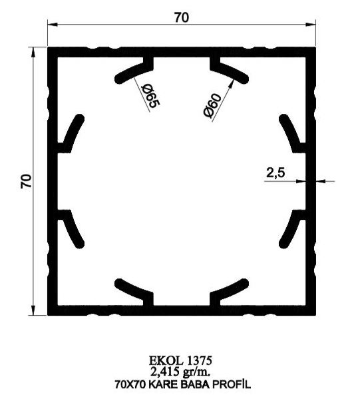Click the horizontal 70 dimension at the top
tap(182, 17)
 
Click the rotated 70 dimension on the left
tap(26, 181)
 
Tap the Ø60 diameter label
tap(212, 106)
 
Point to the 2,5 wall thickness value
tap(275, 173)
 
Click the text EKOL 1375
tap(180, 360)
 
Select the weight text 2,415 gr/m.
tap(180, 372)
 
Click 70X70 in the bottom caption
tap(130, 384)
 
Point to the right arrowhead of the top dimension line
tap(311, 24)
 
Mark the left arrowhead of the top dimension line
tap(53, 24)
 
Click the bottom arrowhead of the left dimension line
tap(33, 310)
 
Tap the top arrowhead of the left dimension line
tap(33, 52)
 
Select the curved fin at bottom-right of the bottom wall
tap(229, 291)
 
